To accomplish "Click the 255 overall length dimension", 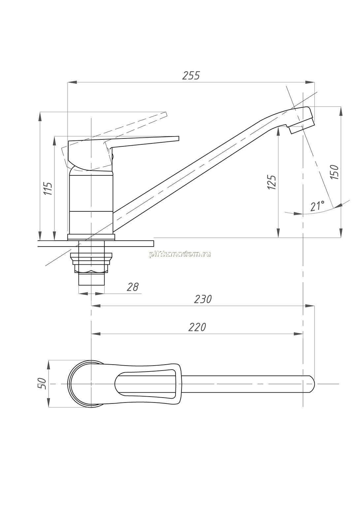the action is coord(191,75).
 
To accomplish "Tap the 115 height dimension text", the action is coord(48,189).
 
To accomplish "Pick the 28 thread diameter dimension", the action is coord(132,287).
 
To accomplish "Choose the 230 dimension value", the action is coord(203,299).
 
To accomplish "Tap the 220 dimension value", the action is coord(197,327).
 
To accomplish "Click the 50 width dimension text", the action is coord(42,384).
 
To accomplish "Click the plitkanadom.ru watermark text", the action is coord(180,254).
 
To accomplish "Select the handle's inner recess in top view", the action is coord(146,384).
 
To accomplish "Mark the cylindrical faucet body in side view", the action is coord(91,202).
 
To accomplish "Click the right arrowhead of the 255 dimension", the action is coord(311,82).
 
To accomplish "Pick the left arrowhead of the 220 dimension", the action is coord(96,334).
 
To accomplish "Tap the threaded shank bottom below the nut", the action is coord(91,279).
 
